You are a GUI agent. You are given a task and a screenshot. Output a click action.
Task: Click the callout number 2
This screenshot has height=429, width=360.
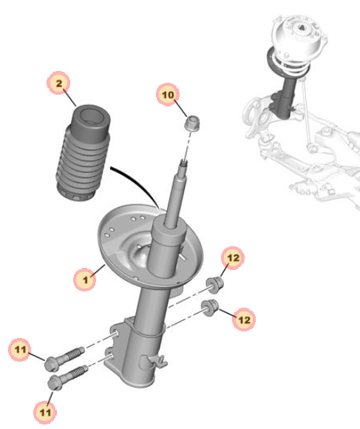tap(58, 83)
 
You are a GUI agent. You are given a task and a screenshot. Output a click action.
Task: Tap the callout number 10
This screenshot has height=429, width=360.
tap(168, 95)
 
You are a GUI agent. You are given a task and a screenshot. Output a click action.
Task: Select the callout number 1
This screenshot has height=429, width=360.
tap(85, 280)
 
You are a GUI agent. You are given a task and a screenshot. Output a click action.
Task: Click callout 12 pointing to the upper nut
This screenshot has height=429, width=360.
tap(233, 258)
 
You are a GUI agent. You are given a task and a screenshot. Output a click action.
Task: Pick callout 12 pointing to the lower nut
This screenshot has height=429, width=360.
tap(244, 320)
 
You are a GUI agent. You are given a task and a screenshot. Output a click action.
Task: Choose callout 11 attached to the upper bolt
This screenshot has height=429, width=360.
tap(20, 350)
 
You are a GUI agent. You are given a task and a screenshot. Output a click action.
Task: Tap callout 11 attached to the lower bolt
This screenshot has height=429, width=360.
tap(45, 412)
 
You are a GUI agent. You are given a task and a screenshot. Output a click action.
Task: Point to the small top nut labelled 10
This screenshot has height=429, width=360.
tap(192, 124)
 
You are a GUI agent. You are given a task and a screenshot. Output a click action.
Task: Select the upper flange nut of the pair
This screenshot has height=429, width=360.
tap(214, 285)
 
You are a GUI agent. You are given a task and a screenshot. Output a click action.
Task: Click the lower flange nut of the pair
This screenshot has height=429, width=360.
tap(210, 308)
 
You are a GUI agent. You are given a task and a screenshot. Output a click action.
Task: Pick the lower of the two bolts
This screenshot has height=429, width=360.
tap(67, 377)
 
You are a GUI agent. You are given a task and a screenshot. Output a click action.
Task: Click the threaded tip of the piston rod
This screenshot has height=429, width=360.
tap(183, 166)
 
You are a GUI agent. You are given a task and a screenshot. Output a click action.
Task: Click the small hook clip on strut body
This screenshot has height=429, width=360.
tap(158, 361)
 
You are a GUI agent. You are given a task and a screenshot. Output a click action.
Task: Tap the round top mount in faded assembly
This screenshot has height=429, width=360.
tap(299, 36)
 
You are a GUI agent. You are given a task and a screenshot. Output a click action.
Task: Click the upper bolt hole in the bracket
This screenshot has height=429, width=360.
tap(116, 334)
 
